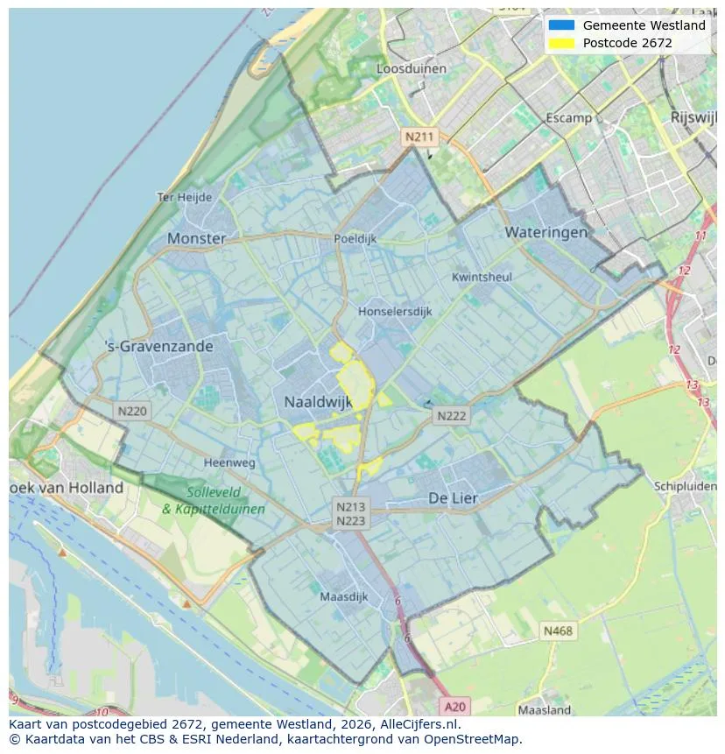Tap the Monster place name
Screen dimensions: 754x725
tap(196, 238)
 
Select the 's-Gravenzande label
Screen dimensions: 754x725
tap(158, 346)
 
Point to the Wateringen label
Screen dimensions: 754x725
tap(546, 232)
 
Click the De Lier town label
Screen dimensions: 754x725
tap(453, 497)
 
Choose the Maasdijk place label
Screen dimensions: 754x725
tap(344, 597)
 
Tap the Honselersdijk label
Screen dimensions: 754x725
tap(396, 311)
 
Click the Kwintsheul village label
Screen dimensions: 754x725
tap(482, 277)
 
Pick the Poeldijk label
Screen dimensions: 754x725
tap(355, 238)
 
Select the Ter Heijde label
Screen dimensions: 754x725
tap(184, 197)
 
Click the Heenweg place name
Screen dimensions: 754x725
tap(229, 462)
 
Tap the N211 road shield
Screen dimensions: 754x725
tap(419, 137)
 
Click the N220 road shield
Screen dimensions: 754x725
tap(132, 410)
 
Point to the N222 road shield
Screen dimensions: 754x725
tap(452, 417)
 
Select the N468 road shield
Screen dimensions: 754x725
tap(558, 631)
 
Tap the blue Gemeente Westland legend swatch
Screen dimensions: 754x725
tap(561, 25)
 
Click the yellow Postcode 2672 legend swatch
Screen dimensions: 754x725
tap(561, 43)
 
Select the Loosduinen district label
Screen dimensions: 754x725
tap(411, 68)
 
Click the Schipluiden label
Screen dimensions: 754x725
tap(685, 486)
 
